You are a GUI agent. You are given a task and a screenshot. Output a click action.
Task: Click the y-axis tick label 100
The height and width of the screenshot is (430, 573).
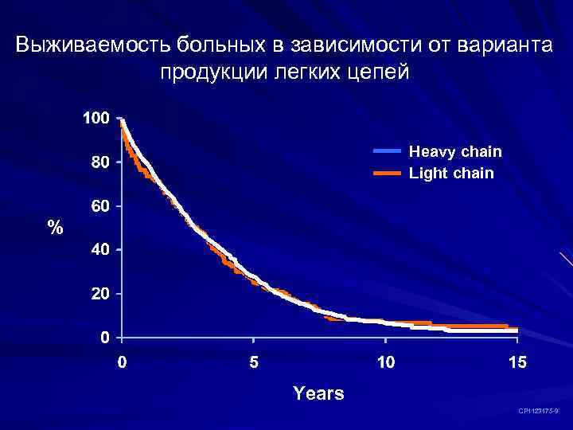(x=95, y=119)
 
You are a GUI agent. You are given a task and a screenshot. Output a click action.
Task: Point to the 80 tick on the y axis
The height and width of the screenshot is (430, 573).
(x=100, y=162)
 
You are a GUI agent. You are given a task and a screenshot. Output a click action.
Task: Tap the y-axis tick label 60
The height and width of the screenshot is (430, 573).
(x=100, y=206)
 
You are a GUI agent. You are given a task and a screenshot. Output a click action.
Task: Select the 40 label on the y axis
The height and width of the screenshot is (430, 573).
(x=100, y=250)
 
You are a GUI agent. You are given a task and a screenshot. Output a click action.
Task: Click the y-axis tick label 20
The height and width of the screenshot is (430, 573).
(x=100, y=294)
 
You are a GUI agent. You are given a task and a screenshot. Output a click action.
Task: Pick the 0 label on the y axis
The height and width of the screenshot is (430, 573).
(x=104, y=338)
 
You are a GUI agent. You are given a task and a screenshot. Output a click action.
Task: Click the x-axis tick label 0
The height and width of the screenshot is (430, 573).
(x=121, y=363)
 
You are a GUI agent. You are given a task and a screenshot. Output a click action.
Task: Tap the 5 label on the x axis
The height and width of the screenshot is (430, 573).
(x=253, y=363)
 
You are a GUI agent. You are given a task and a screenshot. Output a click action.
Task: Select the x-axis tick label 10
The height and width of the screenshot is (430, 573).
(x=385, y=363)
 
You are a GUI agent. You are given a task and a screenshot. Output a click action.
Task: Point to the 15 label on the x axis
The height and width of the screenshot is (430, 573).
(x=517, y=363)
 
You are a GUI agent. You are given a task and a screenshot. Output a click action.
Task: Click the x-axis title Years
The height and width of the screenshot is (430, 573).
(x=318, y=393)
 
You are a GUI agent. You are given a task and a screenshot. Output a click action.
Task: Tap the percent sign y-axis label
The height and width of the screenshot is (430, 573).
(x=55, y=228)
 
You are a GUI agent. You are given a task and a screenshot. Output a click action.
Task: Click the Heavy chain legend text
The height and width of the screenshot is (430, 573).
(x=455, y=151)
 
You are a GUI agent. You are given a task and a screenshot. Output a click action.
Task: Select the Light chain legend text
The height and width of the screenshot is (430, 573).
(x=451, y=173)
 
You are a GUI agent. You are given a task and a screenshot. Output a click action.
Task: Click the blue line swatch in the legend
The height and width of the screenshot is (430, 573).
(x=388, y=150)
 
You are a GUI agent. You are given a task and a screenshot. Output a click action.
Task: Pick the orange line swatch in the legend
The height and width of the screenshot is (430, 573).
(x=388, y=173)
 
